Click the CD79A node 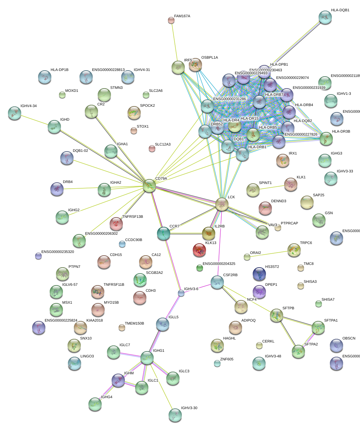(149, 186)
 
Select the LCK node (222, 204)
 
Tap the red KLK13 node (199, 250)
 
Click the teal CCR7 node (163, 233)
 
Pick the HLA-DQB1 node (325, 18)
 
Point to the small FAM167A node (171, 21)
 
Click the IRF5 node (178, 68)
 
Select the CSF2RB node (217, 282)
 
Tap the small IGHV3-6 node (181, 293)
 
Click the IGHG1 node (147, 358)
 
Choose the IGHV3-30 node (175, 415)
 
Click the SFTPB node (276, 315)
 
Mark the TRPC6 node (294, 250)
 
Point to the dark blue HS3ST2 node (259, 274)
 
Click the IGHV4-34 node (14, 113)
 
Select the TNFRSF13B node (116, 224)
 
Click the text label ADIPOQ (248, 321)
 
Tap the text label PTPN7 (74, 267)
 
